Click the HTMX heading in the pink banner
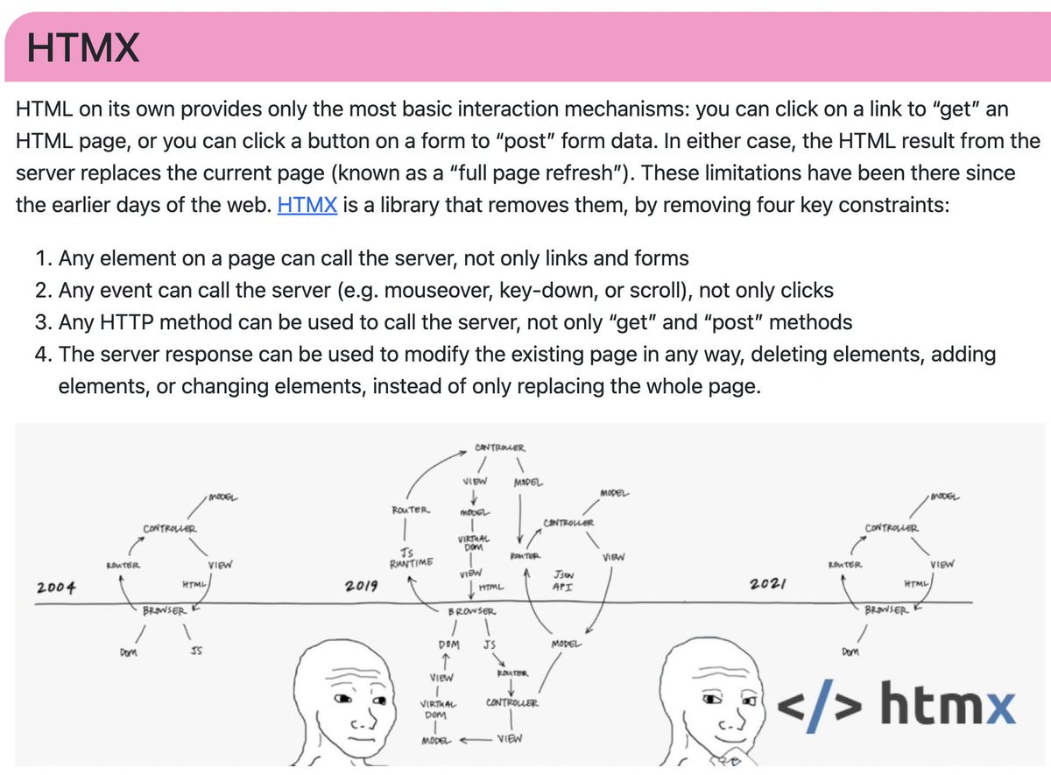83,47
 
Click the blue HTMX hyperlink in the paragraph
307,207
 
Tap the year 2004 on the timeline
56,586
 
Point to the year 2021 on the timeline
770,584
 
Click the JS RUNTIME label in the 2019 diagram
407,558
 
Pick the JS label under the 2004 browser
196,652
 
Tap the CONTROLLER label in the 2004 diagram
171,529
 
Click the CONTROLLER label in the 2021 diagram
892,528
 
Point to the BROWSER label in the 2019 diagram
473,610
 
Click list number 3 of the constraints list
44,322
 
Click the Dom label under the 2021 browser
850,652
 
